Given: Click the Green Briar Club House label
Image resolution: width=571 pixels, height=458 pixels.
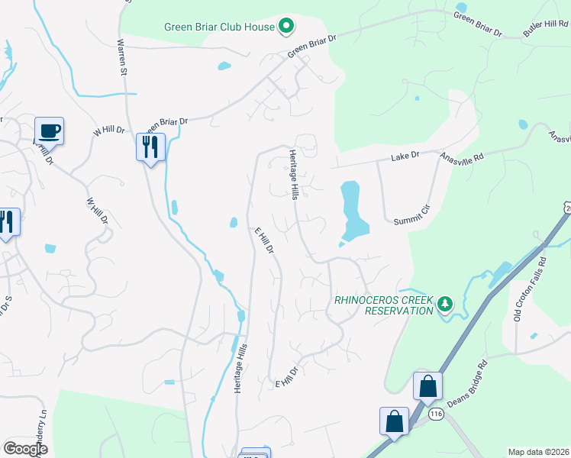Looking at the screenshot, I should (219, 27).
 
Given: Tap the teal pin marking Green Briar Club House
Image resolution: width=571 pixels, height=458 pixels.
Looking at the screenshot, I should (286, 27).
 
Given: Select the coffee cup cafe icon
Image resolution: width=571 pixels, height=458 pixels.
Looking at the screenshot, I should (49, 131).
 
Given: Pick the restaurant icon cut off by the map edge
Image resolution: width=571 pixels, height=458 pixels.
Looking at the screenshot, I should (6, 223).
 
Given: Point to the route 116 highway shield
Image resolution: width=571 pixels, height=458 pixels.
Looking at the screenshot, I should (436, 414).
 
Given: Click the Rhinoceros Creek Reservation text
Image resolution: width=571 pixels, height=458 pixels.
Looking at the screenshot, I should (383, 305).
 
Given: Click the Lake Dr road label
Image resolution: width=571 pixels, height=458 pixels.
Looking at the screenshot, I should (405, 156).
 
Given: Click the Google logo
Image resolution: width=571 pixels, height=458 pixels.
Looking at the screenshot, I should (25, 448).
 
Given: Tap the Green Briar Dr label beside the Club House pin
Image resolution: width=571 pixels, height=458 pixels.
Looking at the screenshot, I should (312, 46).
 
